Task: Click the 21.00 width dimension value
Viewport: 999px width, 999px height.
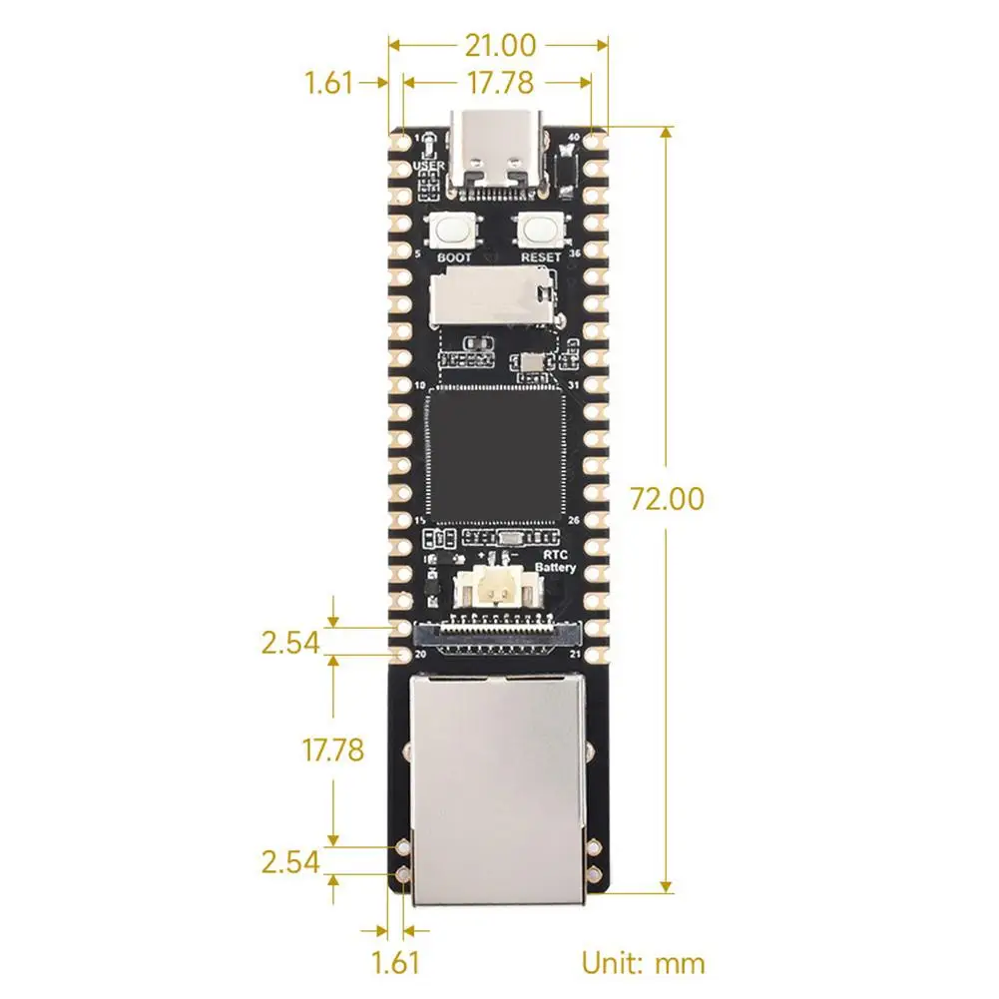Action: tap(499, 45)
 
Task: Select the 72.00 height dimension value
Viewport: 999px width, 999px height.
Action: tap(667, 498)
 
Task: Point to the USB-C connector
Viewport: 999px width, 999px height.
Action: tap(499, 152)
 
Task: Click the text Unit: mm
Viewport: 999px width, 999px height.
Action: tap(643, 963)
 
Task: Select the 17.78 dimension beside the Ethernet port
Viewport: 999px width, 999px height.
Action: tap(332, 749)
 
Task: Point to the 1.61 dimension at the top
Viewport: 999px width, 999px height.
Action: tap(329, 82)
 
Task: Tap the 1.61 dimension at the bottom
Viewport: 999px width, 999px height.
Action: tap(395, 963)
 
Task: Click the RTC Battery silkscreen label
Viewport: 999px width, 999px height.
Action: tap(556, 560)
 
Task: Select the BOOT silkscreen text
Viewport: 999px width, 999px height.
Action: tap(454, 256)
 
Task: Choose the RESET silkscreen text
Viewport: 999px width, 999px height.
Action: tap(540, 256)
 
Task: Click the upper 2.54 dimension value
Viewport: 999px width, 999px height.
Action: tap(290, 643)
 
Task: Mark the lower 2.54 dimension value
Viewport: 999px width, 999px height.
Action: tap(290, 861)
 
